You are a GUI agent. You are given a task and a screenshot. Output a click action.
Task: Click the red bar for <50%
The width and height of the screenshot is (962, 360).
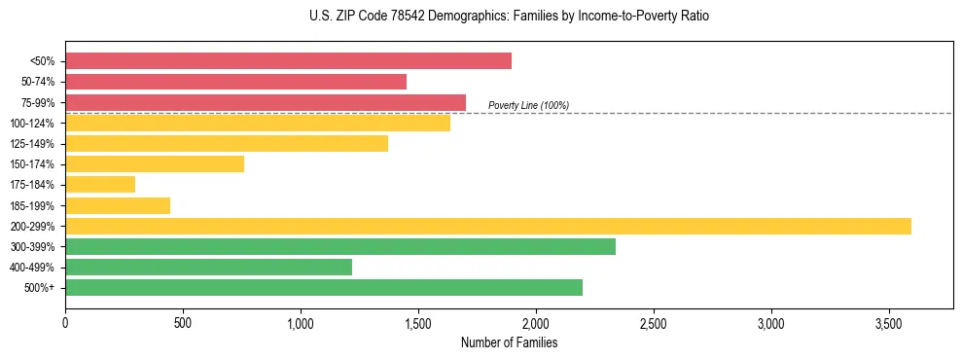point(288,61)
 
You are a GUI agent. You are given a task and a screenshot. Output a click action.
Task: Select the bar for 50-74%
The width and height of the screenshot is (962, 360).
point(235,82)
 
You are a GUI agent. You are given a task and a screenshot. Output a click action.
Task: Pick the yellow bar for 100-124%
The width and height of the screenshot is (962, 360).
point(258,123)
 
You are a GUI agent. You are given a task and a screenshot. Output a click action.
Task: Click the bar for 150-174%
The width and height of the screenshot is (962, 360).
point(155,164)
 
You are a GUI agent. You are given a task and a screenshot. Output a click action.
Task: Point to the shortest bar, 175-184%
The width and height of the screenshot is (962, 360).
point(100,185)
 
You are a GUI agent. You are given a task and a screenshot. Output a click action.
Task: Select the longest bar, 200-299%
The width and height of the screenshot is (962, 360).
point(488,226)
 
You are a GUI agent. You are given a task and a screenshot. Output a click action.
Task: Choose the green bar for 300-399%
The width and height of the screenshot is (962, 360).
point(340,246)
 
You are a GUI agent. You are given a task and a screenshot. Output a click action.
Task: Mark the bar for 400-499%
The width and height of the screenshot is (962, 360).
point(208,267)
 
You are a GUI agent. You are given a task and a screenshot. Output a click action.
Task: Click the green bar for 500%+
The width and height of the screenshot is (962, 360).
point(324,287)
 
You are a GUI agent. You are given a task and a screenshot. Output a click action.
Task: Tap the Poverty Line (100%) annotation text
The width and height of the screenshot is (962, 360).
point(528,105)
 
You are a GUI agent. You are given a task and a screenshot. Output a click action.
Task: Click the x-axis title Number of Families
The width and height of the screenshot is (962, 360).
point(509,342)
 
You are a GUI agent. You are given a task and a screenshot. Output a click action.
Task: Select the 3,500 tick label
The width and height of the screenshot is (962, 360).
point(889,322)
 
